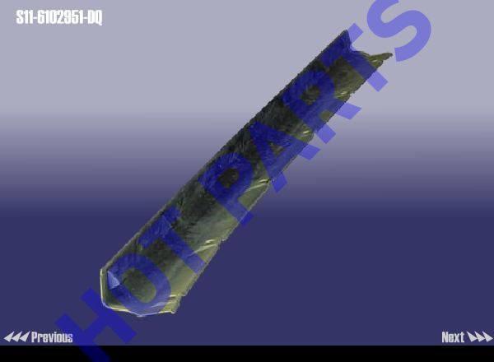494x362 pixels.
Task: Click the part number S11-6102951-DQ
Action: tap(59, 17)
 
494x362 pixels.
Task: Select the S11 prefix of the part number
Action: tap(25, 17)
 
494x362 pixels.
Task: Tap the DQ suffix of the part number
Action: tap(95, 17)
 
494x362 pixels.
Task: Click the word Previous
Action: tap(52, 337)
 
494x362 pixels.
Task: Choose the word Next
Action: tap(453, 337)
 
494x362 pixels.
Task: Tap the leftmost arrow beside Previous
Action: tap(8, 337)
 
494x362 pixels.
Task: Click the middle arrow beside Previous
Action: tap(16, 337)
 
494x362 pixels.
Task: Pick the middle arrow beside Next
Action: tap(480, 337)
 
